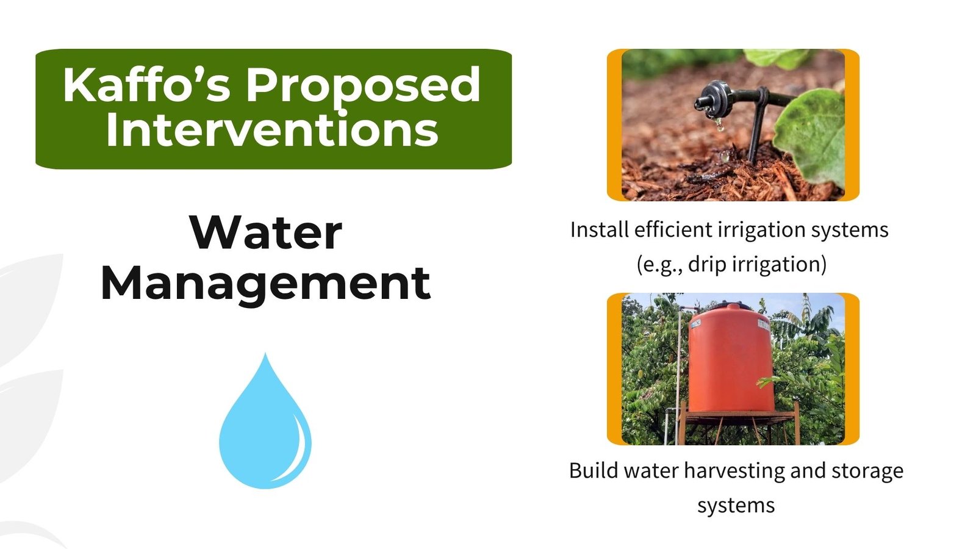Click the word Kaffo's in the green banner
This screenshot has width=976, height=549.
[x=146, y=85]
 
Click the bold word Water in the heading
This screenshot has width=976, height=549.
[x=266, y=232]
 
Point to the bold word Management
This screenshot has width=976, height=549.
[x=266, y=284]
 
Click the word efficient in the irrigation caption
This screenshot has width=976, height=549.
[x=673, y=229]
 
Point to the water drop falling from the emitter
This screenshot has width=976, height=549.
[x=719, y=126]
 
